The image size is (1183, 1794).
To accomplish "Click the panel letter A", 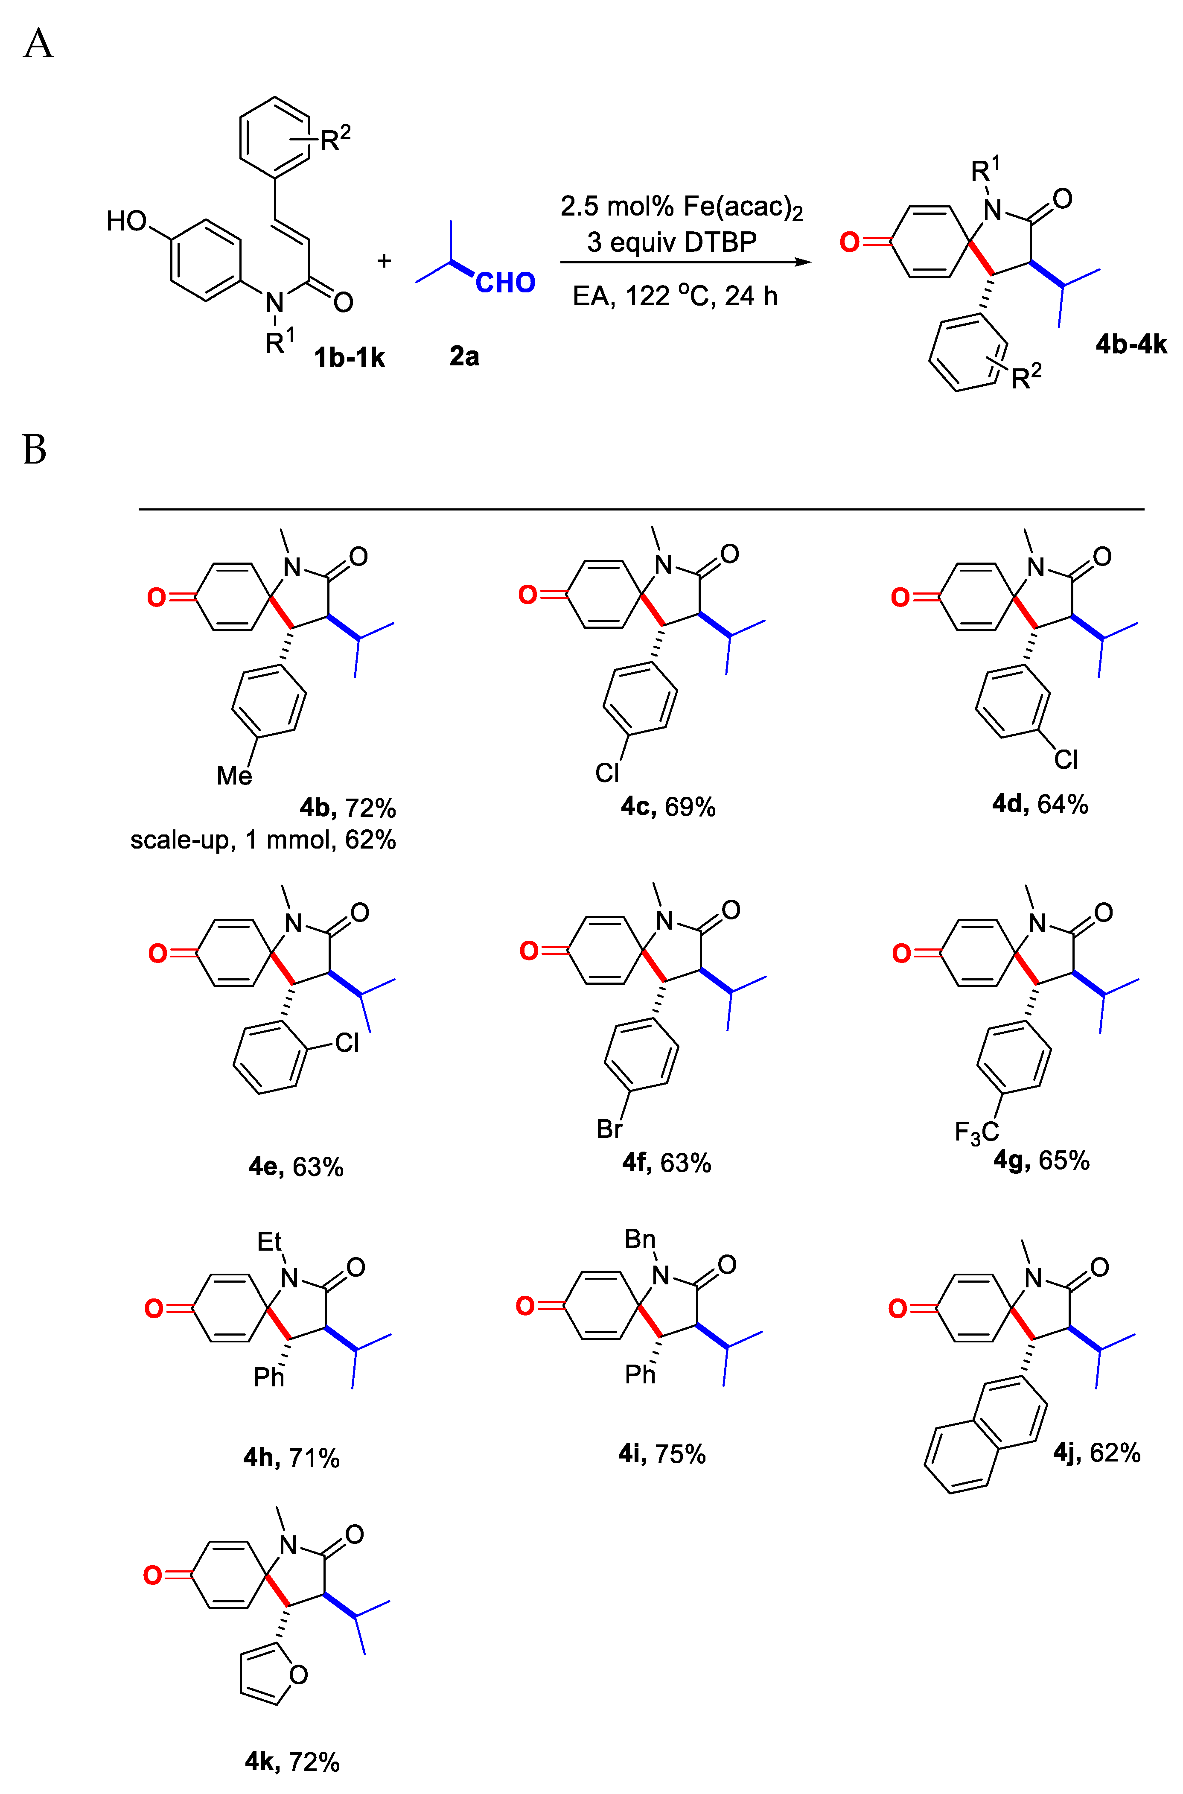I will pos(38,44).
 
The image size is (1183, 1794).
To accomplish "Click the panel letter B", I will pos(35,449).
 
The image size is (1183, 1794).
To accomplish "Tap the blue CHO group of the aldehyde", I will pos(505,283).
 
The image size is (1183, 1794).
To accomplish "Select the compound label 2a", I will pos(464,356).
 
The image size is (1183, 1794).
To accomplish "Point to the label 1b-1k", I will pos(350,357).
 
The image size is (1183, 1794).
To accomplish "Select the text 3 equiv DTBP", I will pos(671,242).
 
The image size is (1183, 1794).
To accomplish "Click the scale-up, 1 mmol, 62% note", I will pos(262,840).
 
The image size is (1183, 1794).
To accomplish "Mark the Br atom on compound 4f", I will pos(609,1129).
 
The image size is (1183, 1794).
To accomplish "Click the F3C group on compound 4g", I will pos(976,1132).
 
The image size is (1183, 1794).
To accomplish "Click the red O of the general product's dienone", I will pos(850,242).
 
